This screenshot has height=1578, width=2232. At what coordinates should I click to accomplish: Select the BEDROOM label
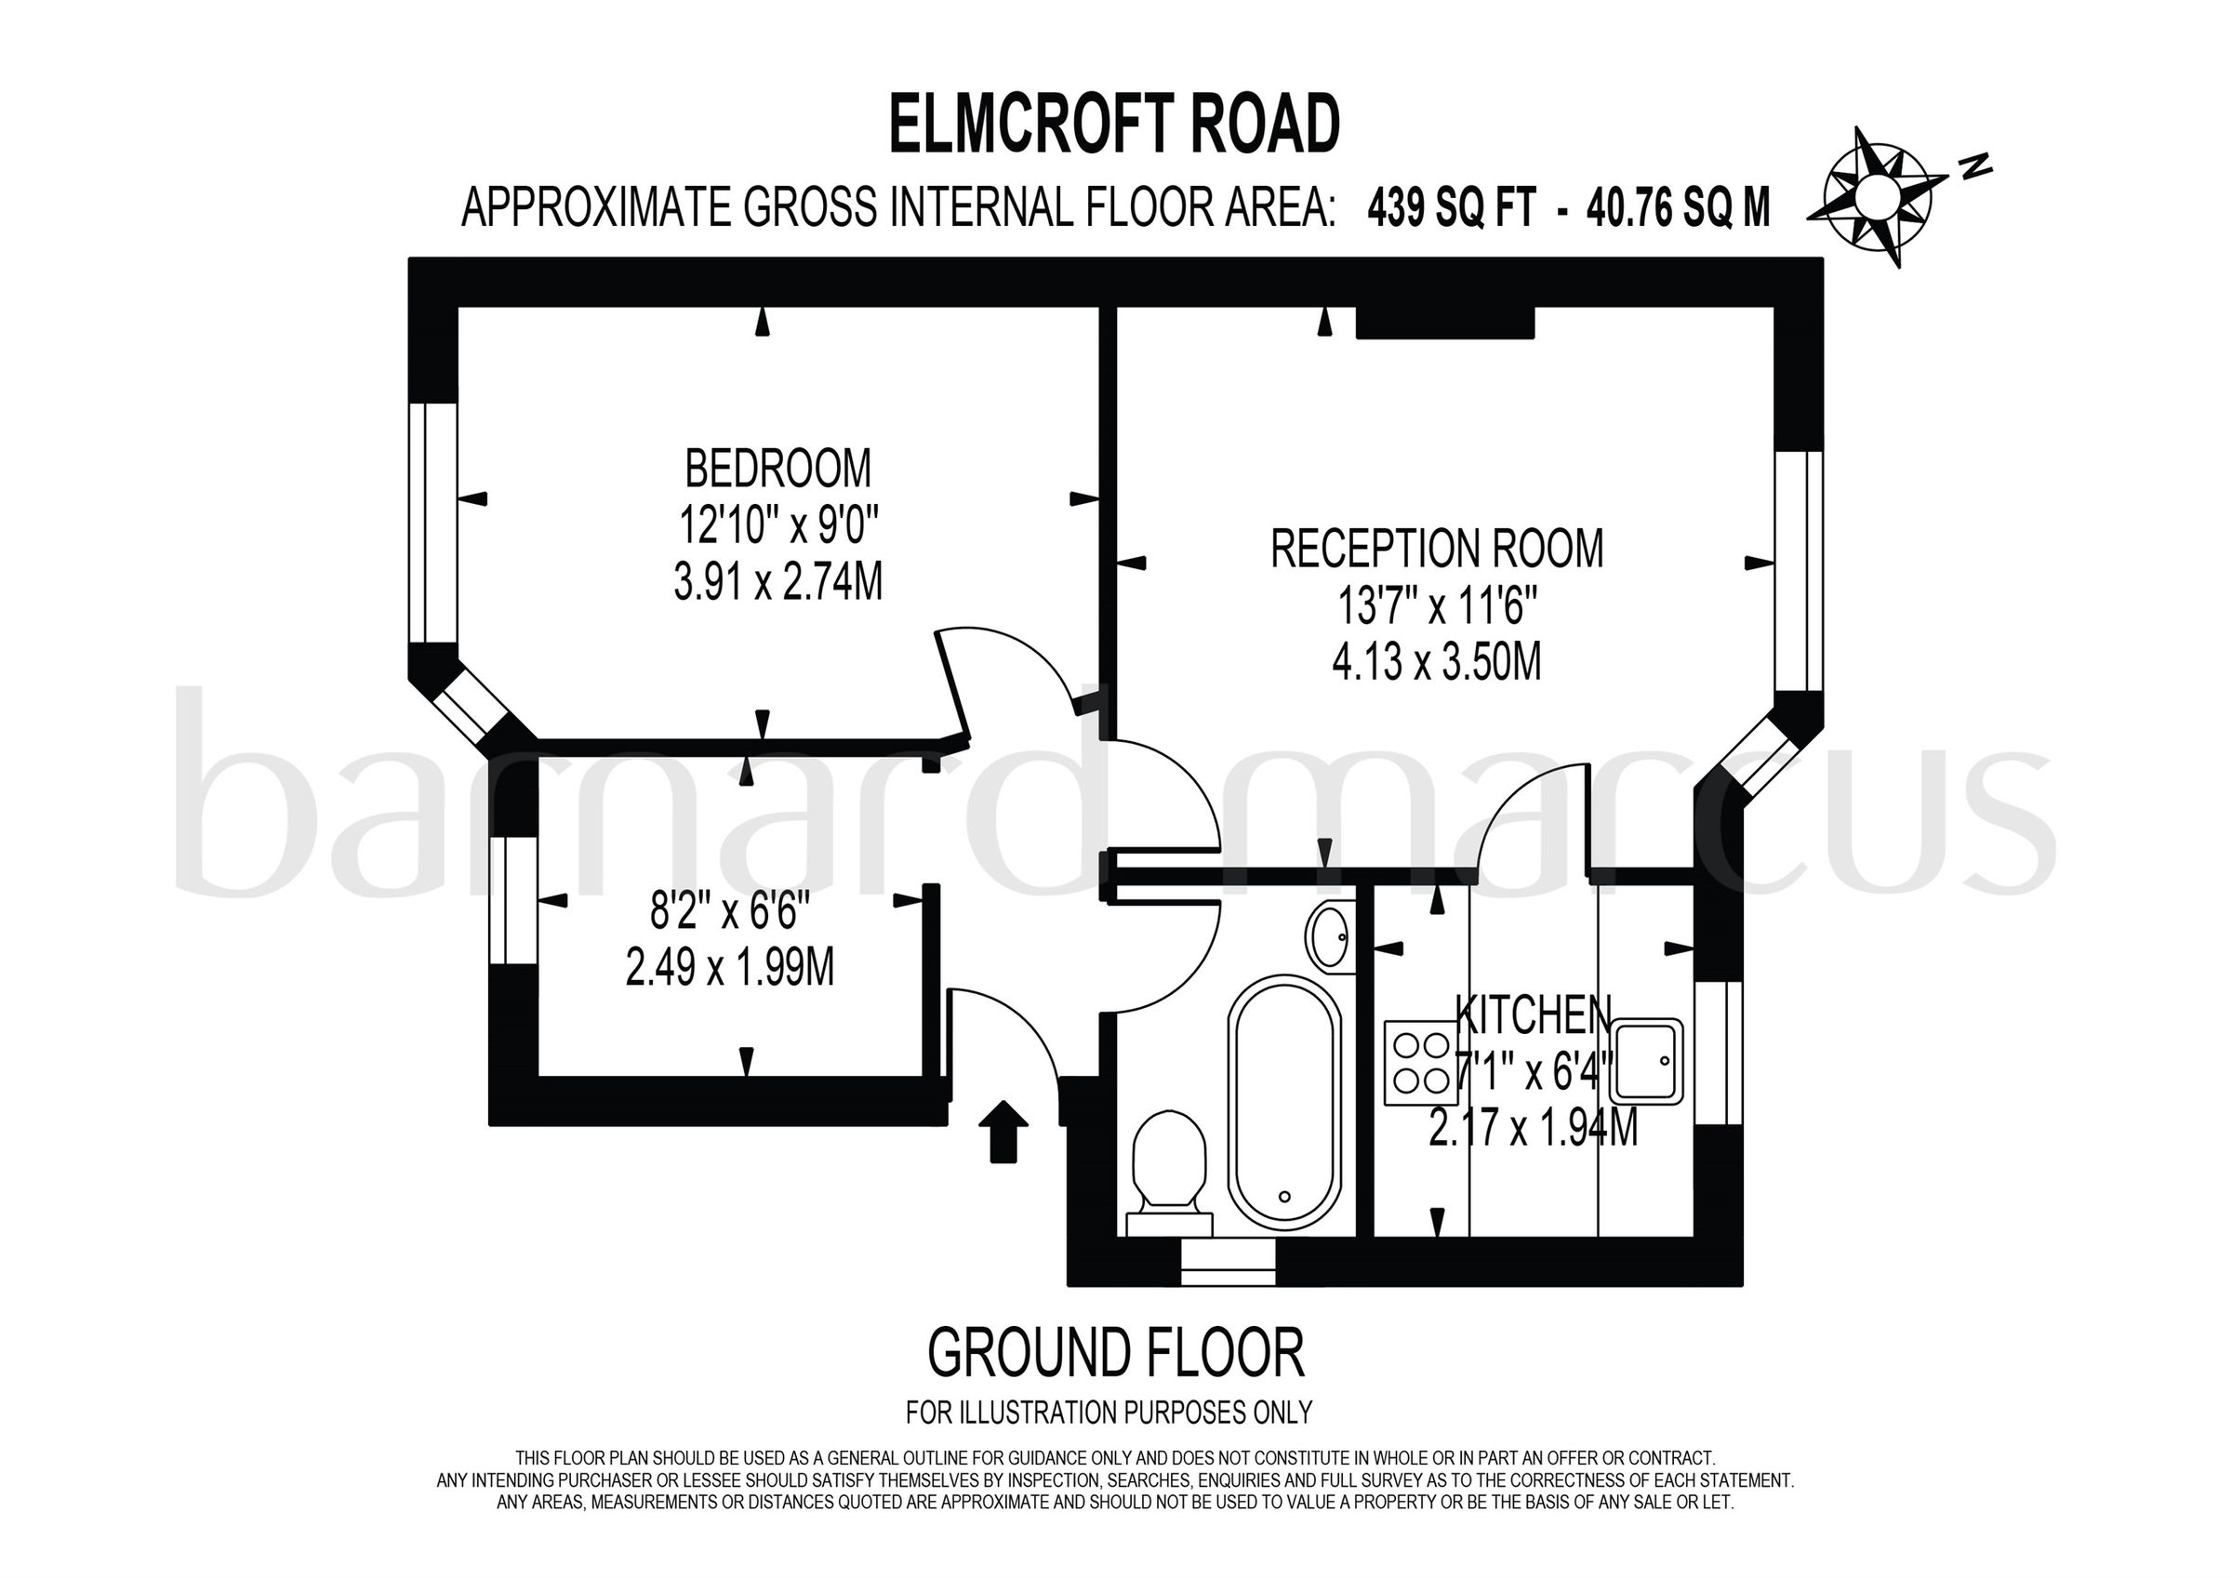point(777,469)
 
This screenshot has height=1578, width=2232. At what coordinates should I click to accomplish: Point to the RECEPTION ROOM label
point(1437,550)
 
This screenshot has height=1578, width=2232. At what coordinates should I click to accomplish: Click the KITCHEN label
point(1533,1015)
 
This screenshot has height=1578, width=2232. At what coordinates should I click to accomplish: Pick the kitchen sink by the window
point(1651,1061)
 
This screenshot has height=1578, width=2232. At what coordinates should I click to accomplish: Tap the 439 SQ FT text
point(1452,208)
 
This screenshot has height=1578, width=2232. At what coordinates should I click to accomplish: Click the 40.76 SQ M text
point(1678,208)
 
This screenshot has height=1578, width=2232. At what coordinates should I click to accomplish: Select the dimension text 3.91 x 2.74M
point(777,583)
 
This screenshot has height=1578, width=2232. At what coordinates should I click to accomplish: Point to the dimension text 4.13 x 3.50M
point(1437,663)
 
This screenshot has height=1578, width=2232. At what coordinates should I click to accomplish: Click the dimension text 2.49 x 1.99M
point(729,968)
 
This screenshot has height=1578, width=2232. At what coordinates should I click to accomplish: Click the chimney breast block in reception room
point(1444,323)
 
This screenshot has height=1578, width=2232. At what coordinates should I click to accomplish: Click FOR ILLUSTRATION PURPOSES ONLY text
point(1109,1412)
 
